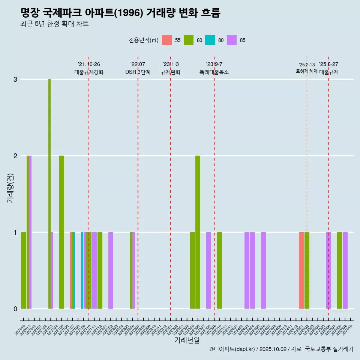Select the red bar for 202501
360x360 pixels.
(x=301, y=270)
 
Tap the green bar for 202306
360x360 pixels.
(x=198, y=232)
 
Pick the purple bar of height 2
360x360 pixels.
(x=30, y=232)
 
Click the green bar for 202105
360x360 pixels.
(x=61, y=232)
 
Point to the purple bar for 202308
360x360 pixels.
(x=208, y=270)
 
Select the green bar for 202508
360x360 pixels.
(x=339, y=270)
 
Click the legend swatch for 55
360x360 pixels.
(x=167, y=40)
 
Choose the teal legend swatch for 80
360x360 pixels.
(x=210, y=40)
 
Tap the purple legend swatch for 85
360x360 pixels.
(x=232, y=40)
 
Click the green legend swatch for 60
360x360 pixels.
(x=189, y=40)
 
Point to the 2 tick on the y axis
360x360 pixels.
(x=15, y=156)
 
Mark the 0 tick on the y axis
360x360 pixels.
(x=15, y=309)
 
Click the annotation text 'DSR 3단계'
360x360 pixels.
(x=138, y=72)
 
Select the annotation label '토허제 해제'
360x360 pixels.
(x=307, y=71)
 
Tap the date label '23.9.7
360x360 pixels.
(x=214, y=64)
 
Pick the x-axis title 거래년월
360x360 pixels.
(x=187, y=340)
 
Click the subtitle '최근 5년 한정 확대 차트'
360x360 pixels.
(x=54, y=24)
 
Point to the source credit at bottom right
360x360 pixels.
(x=281, y=349)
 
